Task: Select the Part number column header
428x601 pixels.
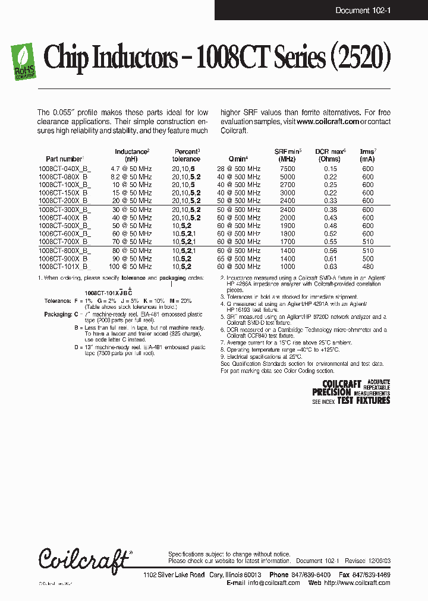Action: [x=65, y=159]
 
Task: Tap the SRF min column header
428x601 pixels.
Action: [x=288, y=155]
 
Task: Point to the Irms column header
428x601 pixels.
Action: [x=368, y=155]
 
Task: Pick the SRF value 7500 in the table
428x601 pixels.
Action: [x=287, y=169]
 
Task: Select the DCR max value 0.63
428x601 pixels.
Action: [x=330, y=267]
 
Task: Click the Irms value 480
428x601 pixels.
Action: [x=368, y=267]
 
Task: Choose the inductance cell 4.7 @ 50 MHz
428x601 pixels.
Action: [x=131, y=169]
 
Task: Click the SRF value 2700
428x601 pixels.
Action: [x=287, y=185]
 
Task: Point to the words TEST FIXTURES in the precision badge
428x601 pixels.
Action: [x=364, y=401]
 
